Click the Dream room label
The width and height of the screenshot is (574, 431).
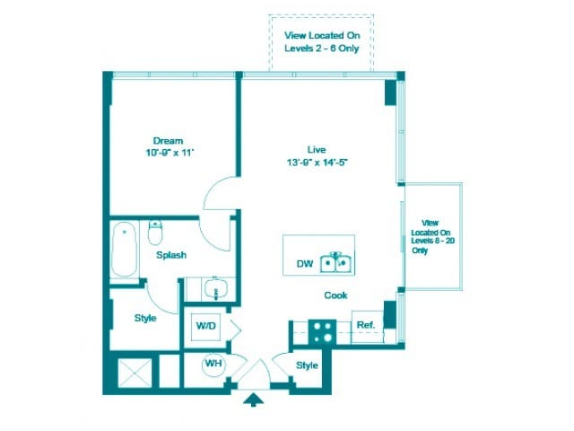coord(168,141)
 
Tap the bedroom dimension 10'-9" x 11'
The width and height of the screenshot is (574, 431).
coord(168,154)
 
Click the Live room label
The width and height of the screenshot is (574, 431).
coord(315,149)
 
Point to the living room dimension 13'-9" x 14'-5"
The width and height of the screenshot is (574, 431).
coord(315,163)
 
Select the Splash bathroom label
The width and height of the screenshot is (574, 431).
coord(171,255)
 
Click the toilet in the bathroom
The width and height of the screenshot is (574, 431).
coord(154,233)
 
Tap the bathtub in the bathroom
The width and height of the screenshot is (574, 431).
coord(122,251)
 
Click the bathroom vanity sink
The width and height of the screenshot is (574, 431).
coord(213,289)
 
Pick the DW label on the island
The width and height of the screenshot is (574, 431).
coord(305,264)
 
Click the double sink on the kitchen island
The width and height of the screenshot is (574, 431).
coord(337,262)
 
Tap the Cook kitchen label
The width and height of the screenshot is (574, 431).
coord(335,295)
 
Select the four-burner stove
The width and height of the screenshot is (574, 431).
coord(321,332)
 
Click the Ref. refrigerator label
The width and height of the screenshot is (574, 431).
coord(365,325)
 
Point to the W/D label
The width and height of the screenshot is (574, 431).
coord(206,325)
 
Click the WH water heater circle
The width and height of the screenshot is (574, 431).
coord(213,364)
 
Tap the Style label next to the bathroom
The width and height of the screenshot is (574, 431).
coord(145,318)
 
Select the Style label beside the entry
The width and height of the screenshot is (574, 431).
coord(308,365)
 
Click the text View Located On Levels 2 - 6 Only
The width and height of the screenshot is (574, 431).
coord(322,41)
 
